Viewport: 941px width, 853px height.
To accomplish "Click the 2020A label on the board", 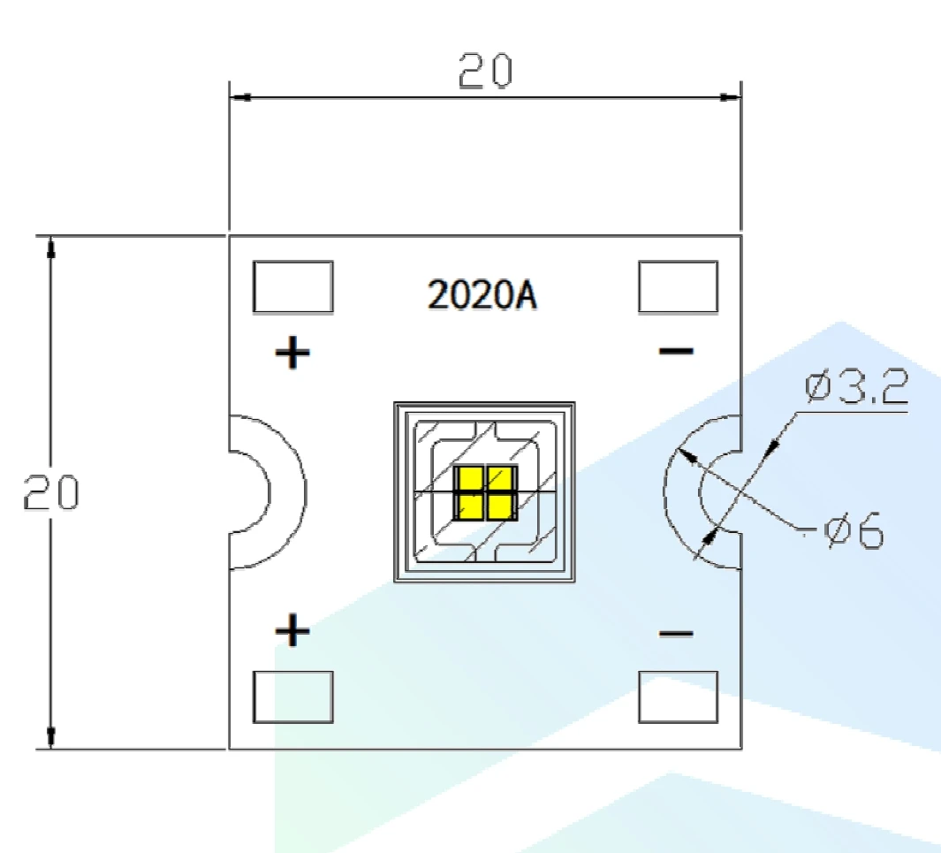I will tap(482, 295).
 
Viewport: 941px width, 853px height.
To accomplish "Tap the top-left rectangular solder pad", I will tap(292, 286).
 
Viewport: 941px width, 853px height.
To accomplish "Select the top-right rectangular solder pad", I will tap(677, 286).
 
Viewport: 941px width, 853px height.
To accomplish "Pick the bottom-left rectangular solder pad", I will tap(292, 697).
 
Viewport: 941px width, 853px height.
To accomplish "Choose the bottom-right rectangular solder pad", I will tap(677, 697).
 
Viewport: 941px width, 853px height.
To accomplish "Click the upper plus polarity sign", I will tap(292, 354).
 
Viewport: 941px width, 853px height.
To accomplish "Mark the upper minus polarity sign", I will tap(676, 352).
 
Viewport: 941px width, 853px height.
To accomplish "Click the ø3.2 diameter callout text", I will tap(855, 389).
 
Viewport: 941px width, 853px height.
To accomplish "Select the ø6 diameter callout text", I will tap(854, 533).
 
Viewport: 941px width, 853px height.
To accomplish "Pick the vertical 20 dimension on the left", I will tap(50, 493).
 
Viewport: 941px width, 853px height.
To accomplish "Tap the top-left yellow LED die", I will tap(468, 478).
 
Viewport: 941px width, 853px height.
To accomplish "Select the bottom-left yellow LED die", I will tap(468, 506).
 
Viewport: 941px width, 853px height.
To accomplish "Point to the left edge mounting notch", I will tap(250, 491).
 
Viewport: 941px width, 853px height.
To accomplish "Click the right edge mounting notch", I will tap(719, 491).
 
